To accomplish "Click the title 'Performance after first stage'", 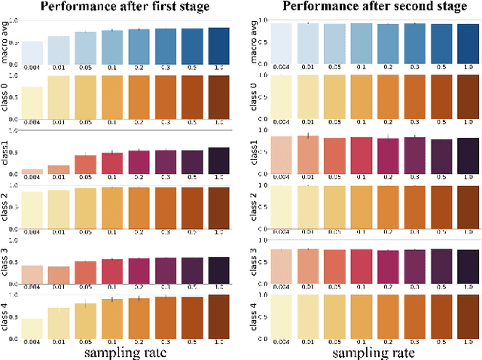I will click(125, 8).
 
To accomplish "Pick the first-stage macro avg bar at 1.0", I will click(218, 45).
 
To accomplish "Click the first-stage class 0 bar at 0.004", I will click(32, 102).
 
